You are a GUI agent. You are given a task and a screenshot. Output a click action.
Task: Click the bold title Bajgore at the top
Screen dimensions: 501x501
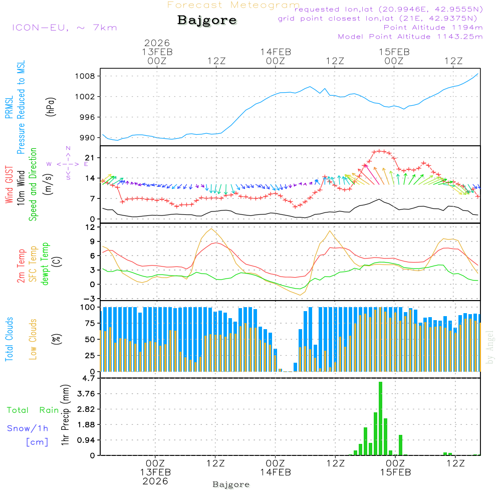pyautogui.click(x=207, y=21)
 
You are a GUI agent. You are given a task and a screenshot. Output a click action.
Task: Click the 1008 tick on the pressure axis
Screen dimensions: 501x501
pyautogui.click(x=86, y=76)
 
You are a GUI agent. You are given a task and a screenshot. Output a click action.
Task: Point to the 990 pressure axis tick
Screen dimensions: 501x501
pyautogui.click(x=88, y=138)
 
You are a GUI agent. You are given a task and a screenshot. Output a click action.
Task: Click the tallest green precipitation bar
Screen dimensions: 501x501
pyautogui.click(x=380, y=418)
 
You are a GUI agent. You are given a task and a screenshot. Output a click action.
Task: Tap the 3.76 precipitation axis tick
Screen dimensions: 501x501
pyautogui.click(x=86, y=394)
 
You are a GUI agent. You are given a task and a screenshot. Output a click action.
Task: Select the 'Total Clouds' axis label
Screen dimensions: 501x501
pyautogui.click(x=9, y=339)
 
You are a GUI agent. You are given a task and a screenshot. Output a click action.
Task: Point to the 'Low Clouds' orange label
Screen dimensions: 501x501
pyautogui.click(x=33, y=339)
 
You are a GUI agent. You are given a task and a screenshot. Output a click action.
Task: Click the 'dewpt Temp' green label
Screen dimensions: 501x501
pyautogui.click(x=45, y=264)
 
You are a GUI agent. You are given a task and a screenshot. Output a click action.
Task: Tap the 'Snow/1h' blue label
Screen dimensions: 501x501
pyautogui.click(x=28, y=428)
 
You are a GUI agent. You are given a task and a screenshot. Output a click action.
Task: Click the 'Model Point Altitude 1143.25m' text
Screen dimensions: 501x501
pyautogui.click(x=410, y=37)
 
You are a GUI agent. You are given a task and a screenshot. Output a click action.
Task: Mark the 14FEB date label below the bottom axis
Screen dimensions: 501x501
pyautogui.click(x=276, y=472)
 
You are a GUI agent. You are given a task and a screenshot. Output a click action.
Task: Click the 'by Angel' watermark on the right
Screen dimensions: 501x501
pyautogui.click(x=490, y=347)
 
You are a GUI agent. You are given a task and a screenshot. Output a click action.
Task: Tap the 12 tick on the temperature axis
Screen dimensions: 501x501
pyautogui.click(x=90, y=227)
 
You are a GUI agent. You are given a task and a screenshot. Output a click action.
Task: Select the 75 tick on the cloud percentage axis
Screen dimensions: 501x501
pyautogui.click(x=90, y=323)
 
